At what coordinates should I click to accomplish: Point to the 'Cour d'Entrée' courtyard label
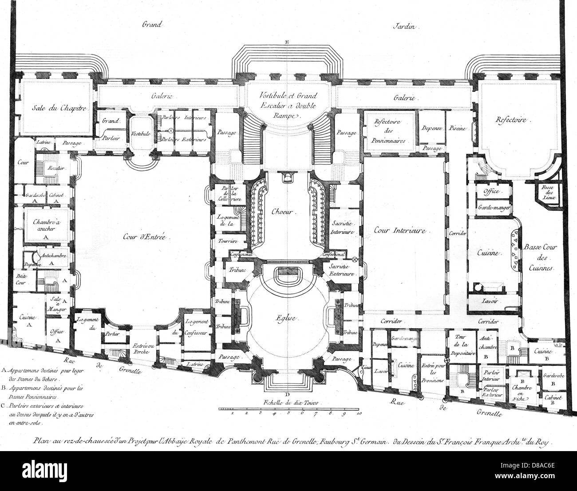[x=144, y=237]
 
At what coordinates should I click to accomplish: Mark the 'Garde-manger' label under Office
[x=494, y=207]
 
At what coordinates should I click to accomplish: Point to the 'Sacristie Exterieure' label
[x=341, y=270]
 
